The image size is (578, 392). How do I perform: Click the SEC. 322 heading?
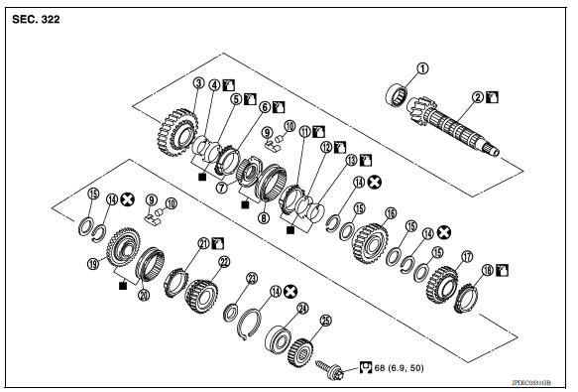click(36, 20)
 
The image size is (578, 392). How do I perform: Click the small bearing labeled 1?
click(401, 99)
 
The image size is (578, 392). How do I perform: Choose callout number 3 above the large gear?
click(199, 83)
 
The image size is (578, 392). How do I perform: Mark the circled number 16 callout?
click(391, 212)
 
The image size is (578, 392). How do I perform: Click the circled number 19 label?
click(94, 265)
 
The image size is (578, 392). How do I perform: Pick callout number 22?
click(225, 261)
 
